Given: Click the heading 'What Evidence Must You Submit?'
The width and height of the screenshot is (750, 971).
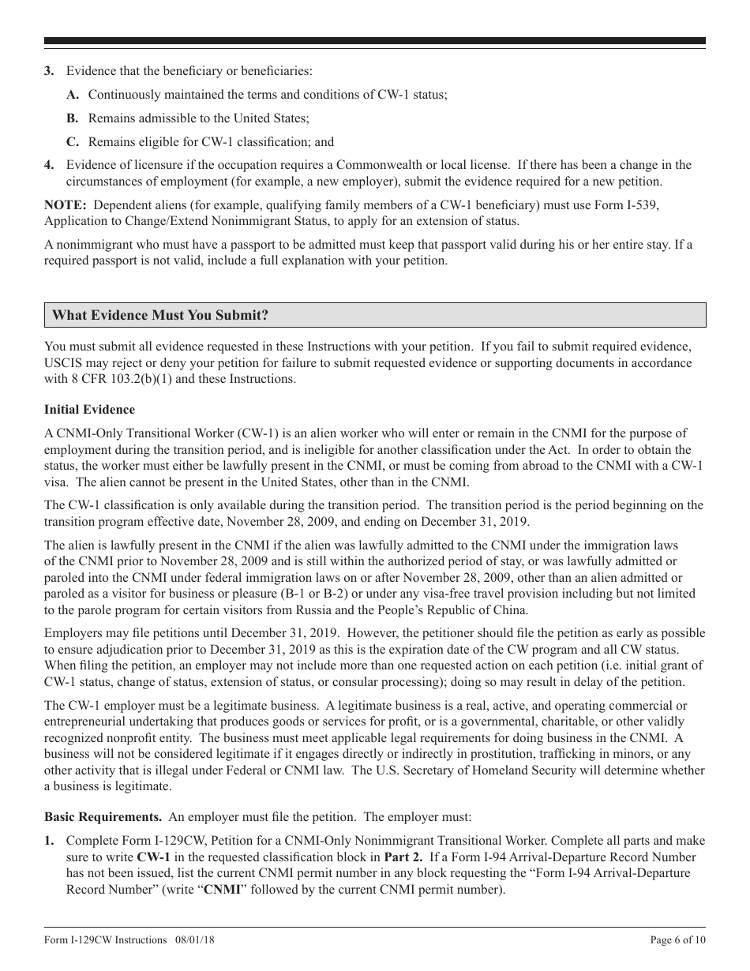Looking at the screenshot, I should [160, 316].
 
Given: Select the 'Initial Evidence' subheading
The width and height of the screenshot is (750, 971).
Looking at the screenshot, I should [89, 410].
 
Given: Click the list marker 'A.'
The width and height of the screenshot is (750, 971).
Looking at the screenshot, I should [73, 95].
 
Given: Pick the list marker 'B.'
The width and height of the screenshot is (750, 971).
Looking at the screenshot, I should [73, 118].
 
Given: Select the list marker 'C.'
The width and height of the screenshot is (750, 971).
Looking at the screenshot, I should [73, 142].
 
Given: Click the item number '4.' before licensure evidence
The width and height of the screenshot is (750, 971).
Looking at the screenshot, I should [50, 165].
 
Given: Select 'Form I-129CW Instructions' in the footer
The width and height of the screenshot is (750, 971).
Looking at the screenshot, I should [106, 940].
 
